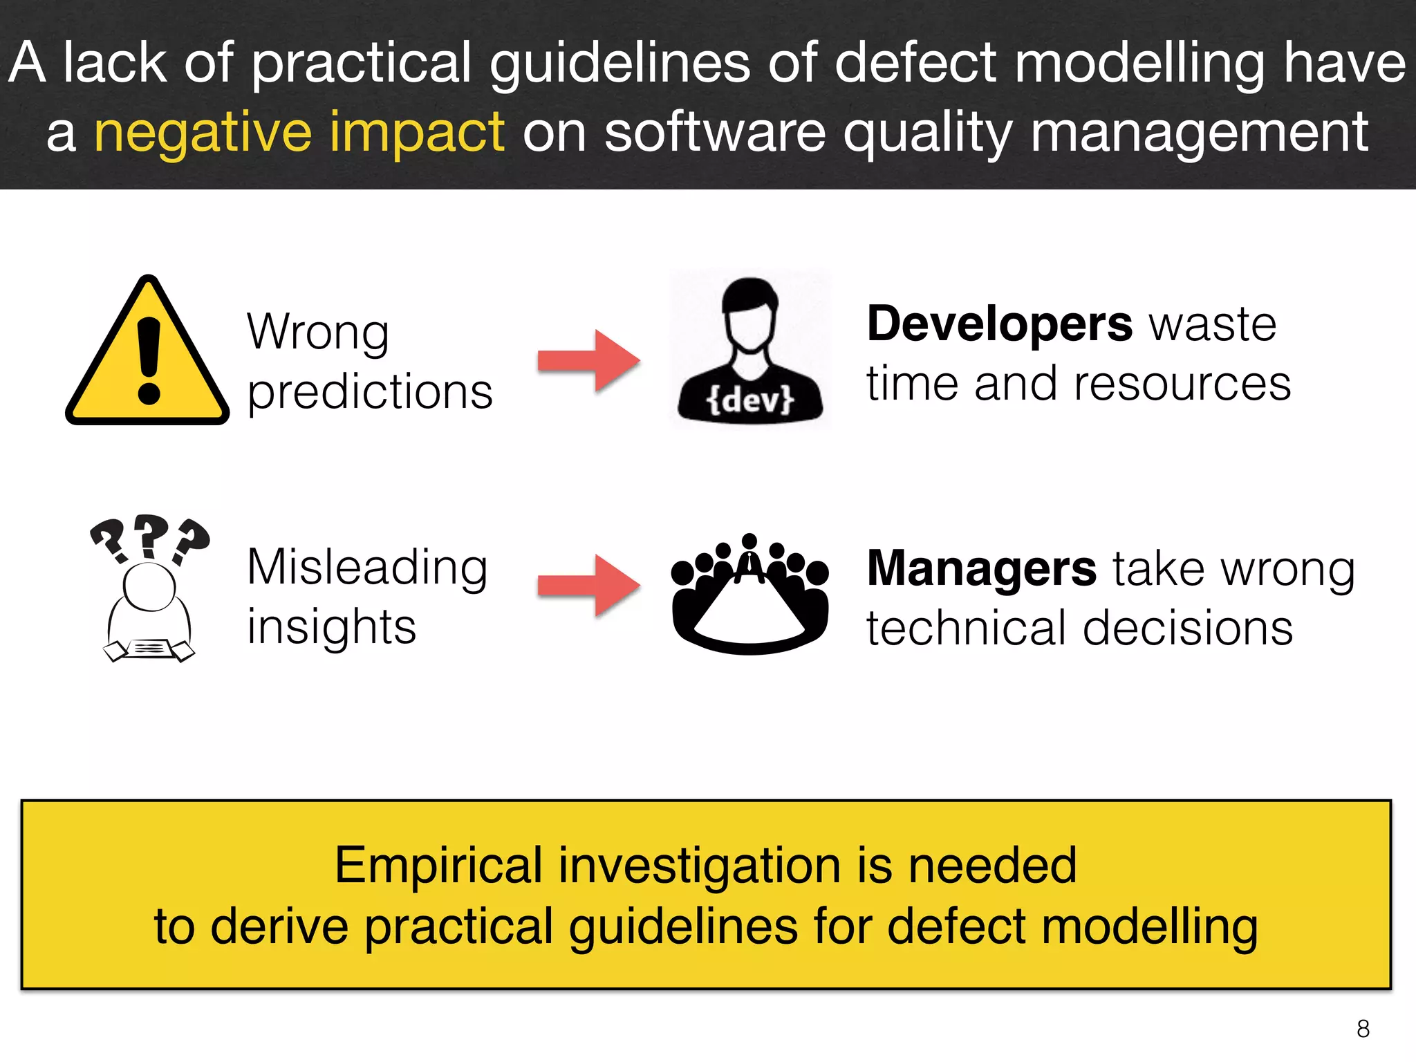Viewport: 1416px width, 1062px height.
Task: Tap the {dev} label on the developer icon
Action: [x=750, y=400]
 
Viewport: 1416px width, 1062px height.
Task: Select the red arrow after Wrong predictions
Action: [x=589, y=361]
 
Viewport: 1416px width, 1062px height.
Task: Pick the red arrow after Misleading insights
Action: [x=589, y=585]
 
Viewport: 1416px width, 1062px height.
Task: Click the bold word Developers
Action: [x=1000, y=324]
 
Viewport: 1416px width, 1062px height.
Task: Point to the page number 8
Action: [x=1363, y=1029]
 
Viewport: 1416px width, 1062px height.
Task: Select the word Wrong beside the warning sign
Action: [x=318, y=333]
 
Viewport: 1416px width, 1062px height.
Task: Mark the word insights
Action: [x=332, y=627]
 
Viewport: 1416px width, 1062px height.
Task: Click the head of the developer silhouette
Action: [x=750, y=311]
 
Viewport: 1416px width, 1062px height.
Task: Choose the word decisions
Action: [x=1188, y=628]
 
